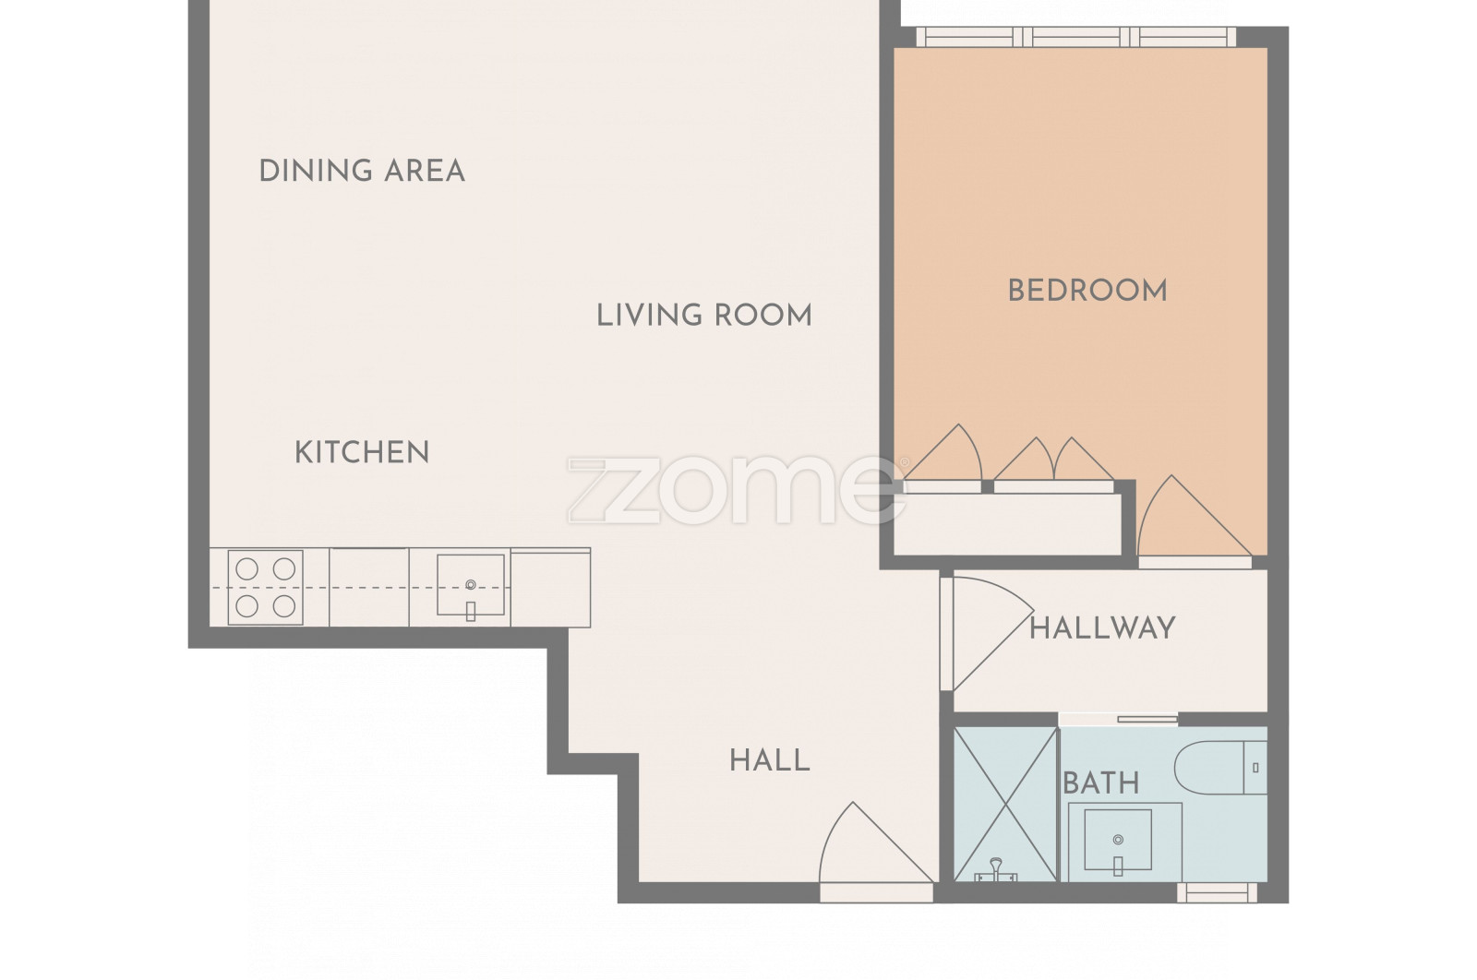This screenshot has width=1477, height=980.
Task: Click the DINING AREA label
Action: [x=362, y=171]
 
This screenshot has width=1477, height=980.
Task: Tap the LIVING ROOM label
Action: [x=704, y=315]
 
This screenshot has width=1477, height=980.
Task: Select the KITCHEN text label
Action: [x=362, y=453]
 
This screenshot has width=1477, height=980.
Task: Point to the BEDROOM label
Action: [x=1087, y=291]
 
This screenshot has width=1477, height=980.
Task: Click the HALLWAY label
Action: [x=1102, y=628]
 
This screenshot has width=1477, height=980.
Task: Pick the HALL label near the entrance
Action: [x=770, y=760]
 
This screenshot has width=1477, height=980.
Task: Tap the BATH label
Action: [x=1101, y=783]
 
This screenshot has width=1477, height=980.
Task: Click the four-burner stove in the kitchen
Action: [x=265, y=587]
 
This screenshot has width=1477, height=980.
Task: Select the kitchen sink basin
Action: [x=471, y=585]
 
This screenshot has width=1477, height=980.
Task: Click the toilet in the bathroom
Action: [x=1220, y=767]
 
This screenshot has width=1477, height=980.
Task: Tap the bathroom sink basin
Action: [x=1118, y=840]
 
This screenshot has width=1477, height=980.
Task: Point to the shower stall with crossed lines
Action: [x=1005, y=804]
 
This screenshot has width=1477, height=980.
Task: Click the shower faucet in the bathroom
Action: [x=996, y=870]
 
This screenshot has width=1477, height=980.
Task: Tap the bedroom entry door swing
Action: [x=1195, y=516]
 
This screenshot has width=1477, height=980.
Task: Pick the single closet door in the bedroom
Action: [x=943, y=452]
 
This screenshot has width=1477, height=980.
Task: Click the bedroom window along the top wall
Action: [x=1076, y=37]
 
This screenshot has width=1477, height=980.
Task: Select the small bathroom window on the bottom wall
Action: [x=1218, y=893]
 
